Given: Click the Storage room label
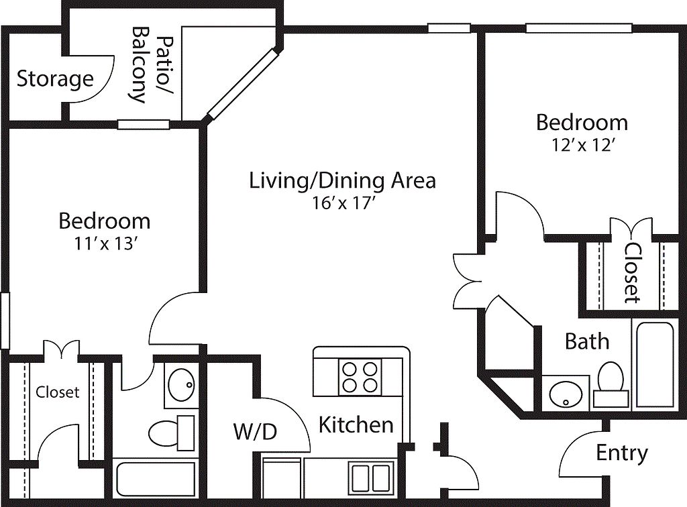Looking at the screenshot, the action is (x=55, y=80).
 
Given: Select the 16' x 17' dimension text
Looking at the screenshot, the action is (x=342, y=203).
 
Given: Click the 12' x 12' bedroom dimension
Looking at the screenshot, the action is (x=581, y=145).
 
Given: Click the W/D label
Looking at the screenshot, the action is (x=255, y=432).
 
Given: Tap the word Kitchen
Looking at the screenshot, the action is (x=356, y=425).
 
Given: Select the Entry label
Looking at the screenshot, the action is (x=622, y=453).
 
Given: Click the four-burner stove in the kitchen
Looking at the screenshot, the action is (x=360, y=377).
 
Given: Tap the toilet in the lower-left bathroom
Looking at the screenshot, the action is (x=171, y=433).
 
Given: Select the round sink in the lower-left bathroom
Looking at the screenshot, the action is (x=181, y=386).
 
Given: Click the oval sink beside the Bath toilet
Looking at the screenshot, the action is (x=565, y=394).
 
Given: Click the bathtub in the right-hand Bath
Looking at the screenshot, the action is (x=655, y=365).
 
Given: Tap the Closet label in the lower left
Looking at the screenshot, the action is (x=58, y=392).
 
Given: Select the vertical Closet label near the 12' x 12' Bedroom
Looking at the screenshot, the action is (x=633, y=272).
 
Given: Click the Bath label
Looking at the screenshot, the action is (x=586, y=341).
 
